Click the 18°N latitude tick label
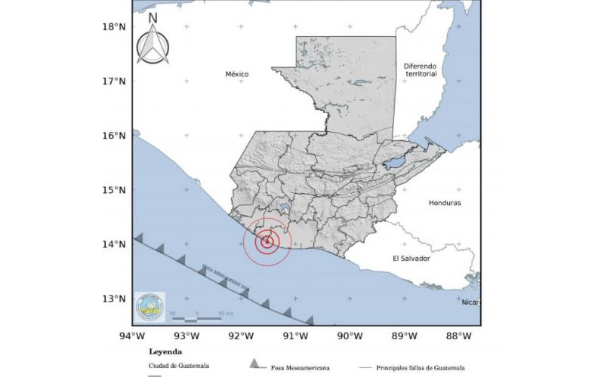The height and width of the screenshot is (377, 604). [x=113, y=26]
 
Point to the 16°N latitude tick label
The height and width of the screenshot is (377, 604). [x=113, y=136]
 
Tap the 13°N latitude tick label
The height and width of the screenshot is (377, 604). [x=113, y=299]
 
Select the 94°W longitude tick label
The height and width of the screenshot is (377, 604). [x=133, y=336]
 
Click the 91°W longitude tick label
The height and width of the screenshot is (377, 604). [x=294, y=336]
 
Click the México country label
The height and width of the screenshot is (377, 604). [x=237, y=74]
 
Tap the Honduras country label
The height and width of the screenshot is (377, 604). [x=444, y=203]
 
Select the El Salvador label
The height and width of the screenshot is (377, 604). [x=411, y=258]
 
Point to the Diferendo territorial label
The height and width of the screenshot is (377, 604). [x=421, y=70]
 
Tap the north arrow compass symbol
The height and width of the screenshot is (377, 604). [x=153, y=45]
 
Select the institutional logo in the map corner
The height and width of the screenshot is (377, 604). [x=149, y=307]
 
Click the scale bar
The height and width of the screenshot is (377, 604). [x=196, y=318]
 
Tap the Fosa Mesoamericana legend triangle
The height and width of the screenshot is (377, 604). [x=254, y=365]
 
